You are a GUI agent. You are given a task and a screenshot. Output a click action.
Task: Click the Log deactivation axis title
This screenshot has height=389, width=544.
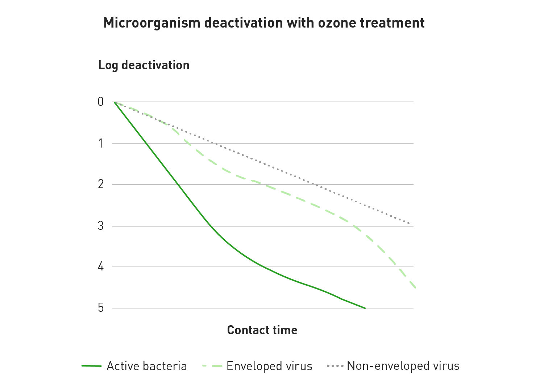[144, 65]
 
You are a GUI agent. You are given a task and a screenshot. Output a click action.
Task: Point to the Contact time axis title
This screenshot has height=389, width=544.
[262, 330]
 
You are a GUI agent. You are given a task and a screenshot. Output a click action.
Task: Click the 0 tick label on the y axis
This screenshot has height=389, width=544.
[101, 102]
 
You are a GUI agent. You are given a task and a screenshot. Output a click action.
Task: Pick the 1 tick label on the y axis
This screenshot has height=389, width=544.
[101, 144]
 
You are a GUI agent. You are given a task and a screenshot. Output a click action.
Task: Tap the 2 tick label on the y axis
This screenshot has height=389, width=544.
[101, 184]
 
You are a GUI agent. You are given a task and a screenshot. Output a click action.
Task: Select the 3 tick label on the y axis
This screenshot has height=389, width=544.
[101, 226]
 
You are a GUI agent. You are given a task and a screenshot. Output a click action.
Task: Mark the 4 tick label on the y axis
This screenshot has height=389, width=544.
[101, 267]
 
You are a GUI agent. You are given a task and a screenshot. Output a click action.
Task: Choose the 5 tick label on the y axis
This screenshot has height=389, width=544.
[101, 308]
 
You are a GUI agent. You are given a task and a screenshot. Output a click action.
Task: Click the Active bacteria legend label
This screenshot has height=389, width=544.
[146, 366]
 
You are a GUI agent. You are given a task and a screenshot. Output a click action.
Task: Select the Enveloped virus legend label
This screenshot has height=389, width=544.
[269, 366]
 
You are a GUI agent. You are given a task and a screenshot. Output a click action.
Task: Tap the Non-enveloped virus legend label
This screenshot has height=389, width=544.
[403, 366]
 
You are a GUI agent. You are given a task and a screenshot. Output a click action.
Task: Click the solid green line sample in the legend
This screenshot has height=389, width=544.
[91, 366]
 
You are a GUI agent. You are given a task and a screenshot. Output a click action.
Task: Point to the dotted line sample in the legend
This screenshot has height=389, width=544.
[335, 366]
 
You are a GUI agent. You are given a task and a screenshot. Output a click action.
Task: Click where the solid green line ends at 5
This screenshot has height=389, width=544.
[365, 308]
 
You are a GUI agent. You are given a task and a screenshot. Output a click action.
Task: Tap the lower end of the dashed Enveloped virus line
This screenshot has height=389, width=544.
[415, 288]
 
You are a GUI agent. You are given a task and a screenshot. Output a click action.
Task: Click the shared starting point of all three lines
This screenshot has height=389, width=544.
[113, 102]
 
